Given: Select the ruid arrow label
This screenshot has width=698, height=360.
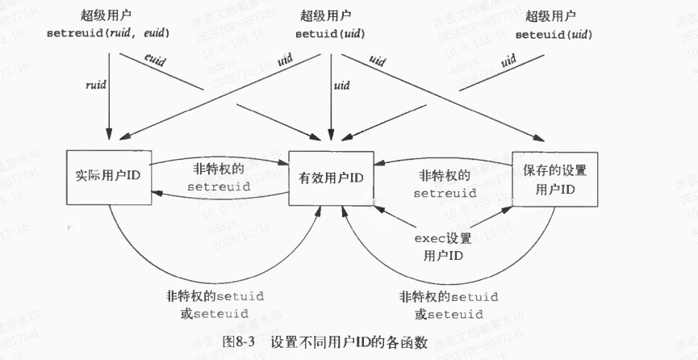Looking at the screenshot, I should (x=94, y=85).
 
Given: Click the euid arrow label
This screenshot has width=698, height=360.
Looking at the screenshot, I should (x=154, y=61).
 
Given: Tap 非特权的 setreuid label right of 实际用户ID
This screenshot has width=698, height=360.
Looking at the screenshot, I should (x=219, y=179).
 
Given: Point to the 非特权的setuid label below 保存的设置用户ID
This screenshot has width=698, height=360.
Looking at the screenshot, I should (x=448, y=303).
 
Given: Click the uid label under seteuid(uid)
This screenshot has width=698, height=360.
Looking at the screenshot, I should (x=508, y=61).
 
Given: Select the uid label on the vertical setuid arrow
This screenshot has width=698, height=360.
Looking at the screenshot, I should (x=341, y=86).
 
